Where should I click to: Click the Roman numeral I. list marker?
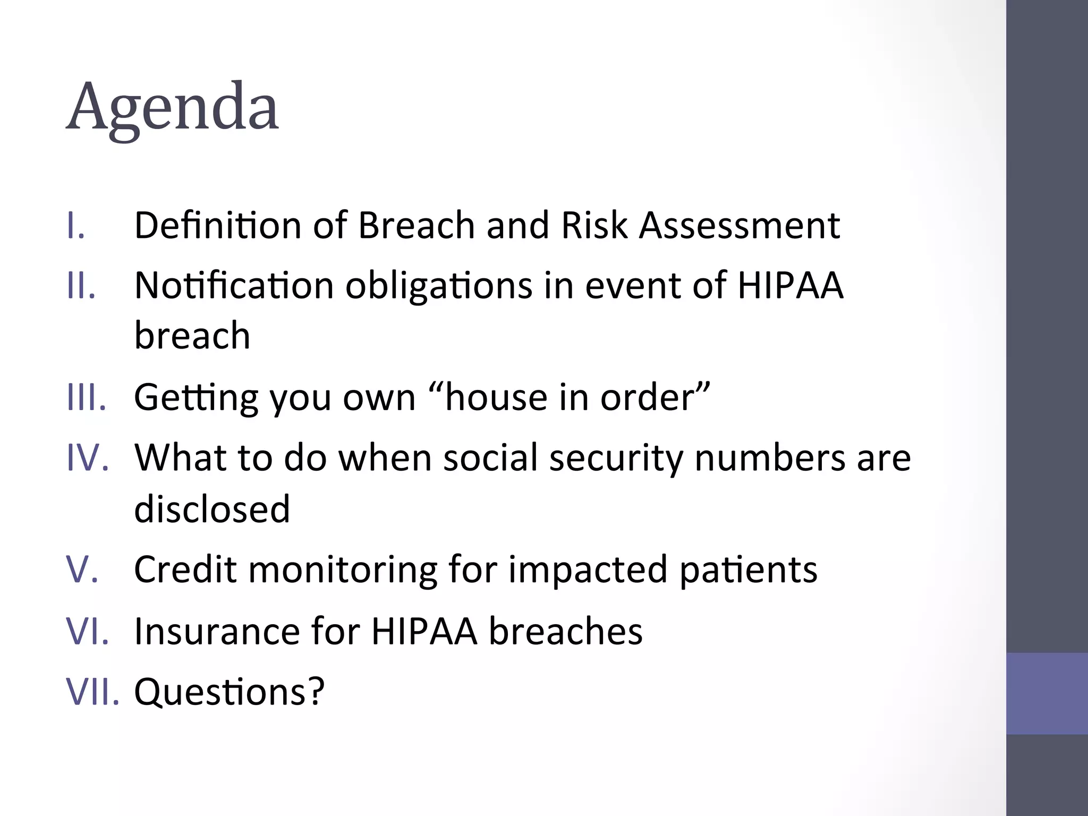point(76,226)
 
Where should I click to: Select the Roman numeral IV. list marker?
point(88,457)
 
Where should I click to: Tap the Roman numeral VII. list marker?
point(93,691)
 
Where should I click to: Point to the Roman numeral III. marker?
point(87,397)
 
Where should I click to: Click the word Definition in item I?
point(218,225)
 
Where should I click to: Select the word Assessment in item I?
point(739,225)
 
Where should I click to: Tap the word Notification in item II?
point(234,285)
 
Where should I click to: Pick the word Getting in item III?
point(196,398)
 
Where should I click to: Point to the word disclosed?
point(212,508)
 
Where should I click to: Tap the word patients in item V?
point(749,570)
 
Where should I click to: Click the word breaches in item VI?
point(565,631)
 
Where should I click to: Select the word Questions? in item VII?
point(229,692)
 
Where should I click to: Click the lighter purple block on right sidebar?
point(1047,693)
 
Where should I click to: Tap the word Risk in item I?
point(594,225)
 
